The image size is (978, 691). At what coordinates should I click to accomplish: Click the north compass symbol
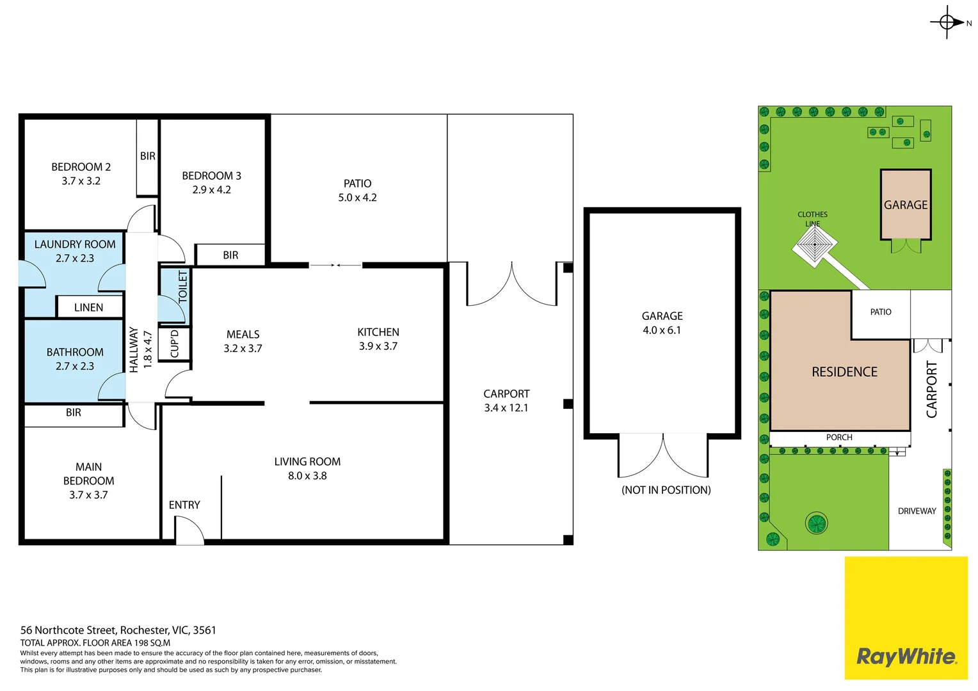(x=947, y=22)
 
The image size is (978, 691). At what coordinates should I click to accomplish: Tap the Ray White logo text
(x=906, y=656)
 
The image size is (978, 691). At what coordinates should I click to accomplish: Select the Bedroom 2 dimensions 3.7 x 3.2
(x=81, y=181)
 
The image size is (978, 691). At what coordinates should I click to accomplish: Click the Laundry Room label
(x=75, y=244)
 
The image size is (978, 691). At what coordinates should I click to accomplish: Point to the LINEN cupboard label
(x=88, y=308)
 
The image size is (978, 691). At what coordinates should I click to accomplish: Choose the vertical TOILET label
(x=183, y=287)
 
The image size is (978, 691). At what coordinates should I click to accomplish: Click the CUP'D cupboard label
(x=175, y=344)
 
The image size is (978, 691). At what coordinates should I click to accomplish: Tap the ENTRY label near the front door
(x=184, y=505)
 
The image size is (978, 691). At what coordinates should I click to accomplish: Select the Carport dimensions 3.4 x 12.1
(x=506, y=408)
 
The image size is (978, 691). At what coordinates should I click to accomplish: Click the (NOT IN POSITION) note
(x=666, y=490)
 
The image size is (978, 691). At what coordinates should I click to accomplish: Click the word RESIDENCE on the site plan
(x=844, y=372)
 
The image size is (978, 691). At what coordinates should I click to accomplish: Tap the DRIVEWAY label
(x=917, y=511)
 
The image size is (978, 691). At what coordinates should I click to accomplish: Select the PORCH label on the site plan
(x=839, y=438)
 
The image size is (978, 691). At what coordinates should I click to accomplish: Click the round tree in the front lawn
(x=817, y=523)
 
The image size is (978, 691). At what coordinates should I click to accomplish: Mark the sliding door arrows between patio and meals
(x=335, y=265)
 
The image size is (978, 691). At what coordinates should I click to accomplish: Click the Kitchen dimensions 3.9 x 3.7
(x=378, y=346)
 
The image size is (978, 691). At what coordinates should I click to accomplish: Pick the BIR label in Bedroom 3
(x=230, y=255)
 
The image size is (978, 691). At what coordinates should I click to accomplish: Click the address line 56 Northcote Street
(x=118, y=630)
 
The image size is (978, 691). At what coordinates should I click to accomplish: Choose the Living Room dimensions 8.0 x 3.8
(x=307, y=476)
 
